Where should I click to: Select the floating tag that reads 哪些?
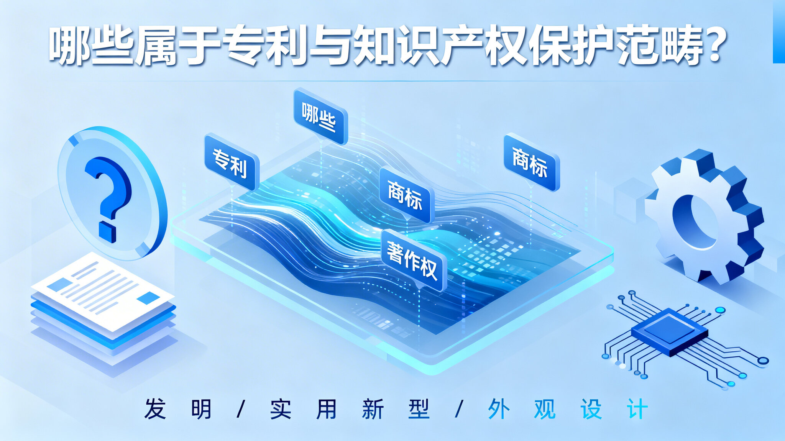click(320, 116)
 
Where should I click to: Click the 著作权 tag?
click(414, 260)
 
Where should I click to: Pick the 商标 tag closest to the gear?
click(531, 162)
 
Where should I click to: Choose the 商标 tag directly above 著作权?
click(407, 195)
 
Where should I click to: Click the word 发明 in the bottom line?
click(178, 409)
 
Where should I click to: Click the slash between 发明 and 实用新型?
click(241, 409)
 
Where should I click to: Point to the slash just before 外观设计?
click(459, 409)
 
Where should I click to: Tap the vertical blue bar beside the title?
click(779, 31)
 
